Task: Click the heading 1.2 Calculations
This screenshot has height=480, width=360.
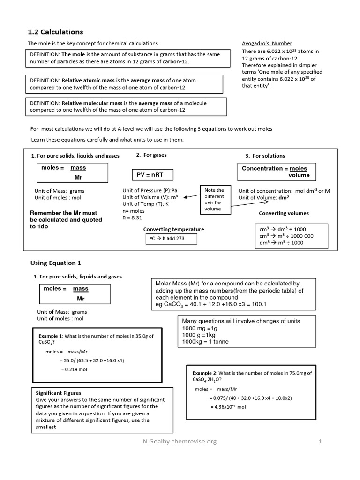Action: (x=56, y=32)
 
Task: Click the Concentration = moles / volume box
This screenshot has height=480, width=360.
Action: (x=275, y=172)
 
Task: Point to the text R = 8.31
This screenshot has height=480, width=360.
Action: (x=132, y=218)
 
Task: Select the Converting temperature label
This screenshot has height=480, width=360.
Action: (x=173, y=229)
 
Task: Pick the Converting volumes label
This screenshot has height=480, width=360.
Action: (x=284, y=213)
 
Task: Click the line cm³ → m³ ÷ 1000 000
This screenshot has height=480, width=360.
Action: (x=286, y=236)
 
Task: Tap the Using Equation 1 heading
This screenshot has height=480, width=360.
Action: (x=56, y=263)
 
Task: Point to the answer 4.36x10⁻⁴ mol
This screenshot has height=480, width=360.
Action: (x=228, y=407)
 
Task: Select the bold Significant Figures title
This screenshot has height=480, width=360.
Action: (x=59, y=393)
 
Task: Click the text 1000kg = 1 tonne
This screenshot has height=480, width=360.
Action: (x=205, y=342)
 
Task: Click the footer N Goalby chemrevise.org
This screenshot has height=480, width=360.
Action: (x=180, y=441)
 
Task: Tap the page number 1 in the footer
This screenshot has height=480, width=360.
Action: (x=321, y=441)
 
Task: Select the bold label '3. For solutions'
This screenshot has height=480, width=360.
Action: (x=265, y=156)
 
